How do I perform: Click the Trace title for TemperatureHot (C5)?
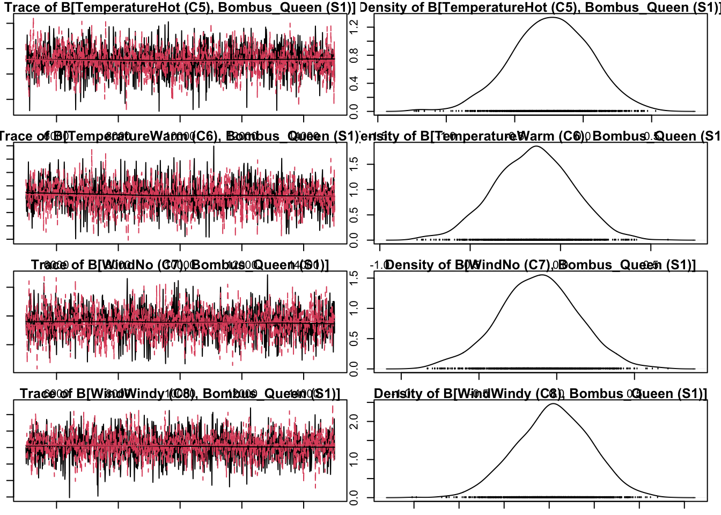[180, 8]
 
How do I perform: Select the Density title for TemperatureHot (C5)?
[540, 8]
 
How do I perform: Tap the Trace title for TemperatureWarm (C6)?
[180, 136]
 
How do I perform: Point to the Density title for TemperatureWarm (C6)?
[540, 136]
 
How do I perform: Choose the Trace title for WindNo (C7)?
[180, 265]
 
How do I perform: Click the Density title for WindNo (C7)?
[540, 265]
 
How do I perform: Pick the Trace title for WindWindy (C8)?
[180, 394]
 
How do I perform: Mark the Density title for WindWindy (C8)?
[540, 394]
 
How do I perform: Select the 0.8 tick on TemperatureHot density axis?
[354, 55]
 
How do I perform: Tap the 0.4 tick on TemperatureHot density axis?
[354, 83]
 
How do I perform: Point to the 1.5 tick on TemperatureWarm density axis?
[354, 164]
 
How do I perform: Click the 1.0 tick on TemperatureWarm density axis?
[354, 189]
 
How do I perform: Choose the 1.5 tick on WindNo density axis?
[354, 277]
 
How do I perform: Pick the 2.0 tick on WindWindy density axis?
[354, 422]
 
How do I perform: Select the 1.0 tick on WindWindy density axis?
[354, 460]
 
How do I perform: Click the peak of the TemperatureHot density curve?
[552, 18]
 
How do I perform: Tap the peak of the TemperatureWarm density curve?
[536, 146]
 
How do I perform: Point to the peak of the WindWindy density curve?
[553, 403]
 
